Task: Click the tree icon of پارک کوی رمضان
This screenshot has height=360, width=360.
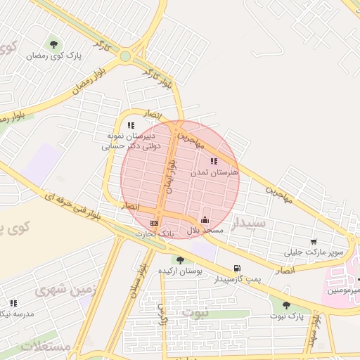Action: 53,45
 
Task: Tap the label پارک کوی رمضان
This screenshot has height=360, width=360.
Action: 53,56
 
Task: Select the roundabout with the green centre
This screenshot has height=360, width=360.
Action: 125,56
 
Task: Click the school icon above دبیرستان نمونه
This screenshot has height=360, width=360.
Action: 131,125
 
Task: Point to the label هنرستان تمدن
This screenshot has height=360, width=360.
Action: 214,172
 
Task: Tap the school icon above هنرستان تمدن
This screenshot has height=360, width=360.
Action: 214,161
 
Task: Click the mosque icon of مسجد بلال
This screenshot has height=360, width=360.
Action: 205,219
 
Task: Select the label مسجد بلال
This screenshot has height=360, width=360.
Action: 204,230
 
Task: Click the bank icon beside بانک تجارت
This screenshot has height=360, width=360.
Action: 153,223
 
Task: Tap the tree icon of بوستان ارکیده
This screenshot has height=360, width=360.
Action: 181,260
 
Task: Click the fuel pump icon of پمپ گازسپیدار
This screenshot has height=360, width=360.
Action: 237,269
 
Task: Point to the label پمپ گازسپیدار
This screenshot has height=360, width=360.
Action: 237,279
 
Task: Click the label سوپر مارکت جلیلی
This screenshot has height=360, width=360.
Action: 314,252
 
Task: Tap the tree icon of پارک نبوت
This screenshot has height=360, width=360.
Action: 285,305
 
